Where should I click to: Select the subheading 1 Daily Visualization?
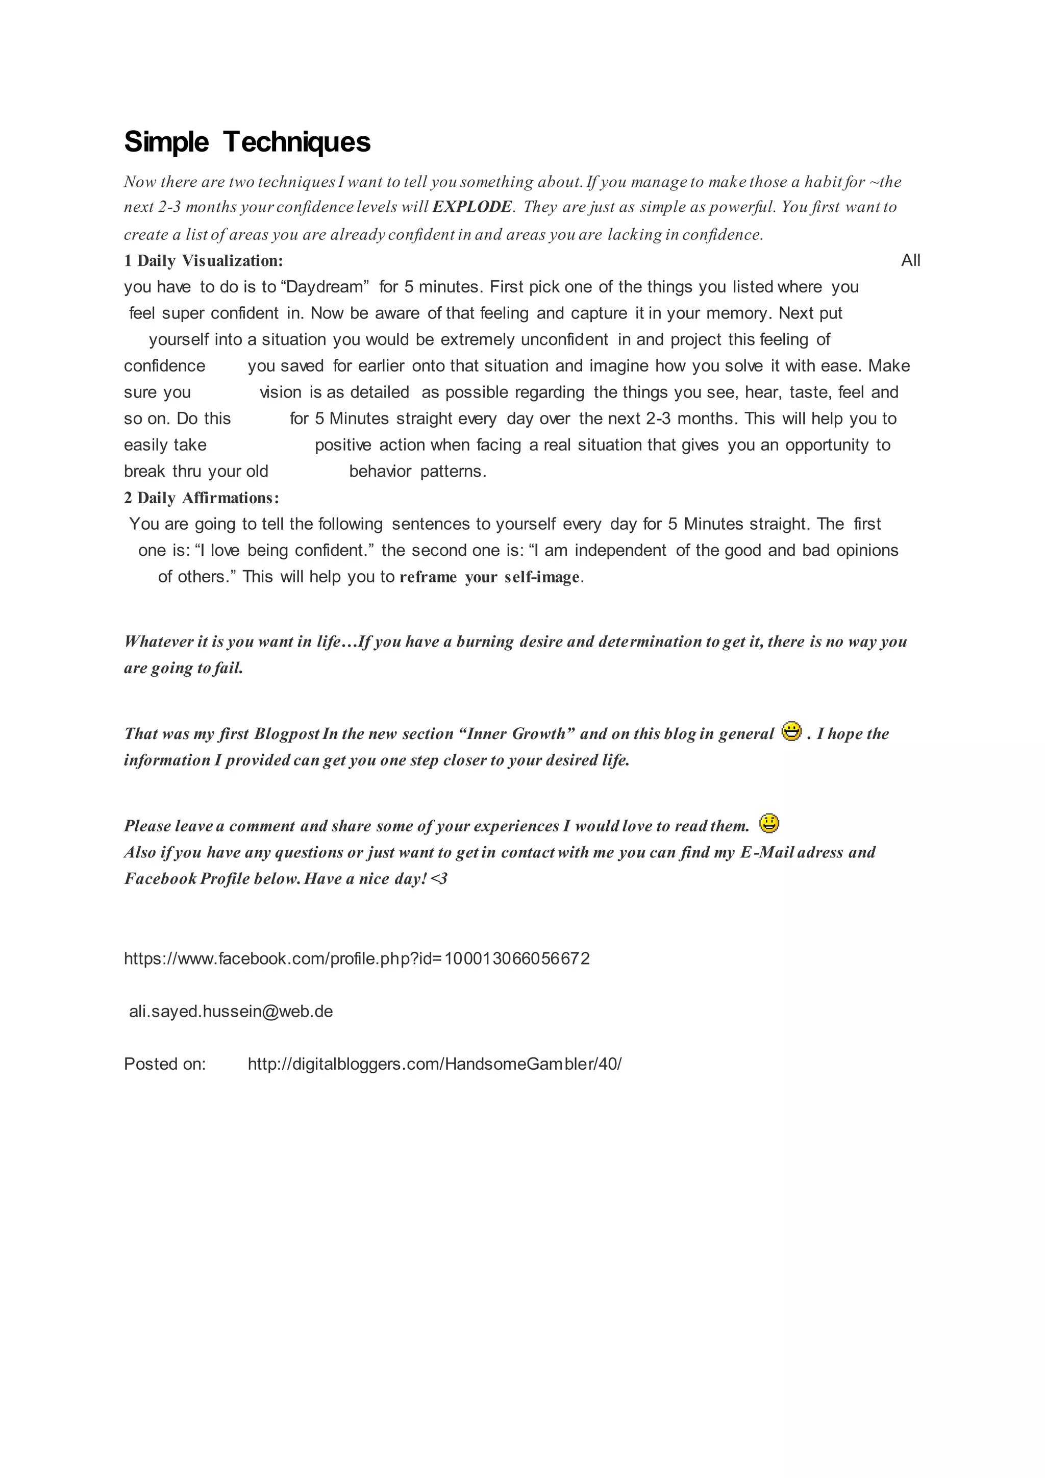pos(204,261)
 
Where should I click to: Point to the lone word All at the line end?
pos(910,261)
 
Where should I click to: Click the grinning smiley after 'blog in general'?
pos(791,732)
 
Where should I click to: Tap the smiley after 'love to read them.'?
pos(769,823)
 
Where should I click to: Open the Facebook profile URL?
pos(357,958)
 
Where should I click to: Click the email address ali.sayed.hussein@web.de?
pos(231,1012)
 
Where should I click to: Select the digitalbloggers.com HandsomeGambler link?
pos(434,1064)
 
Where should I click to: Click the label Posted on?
pos(165,1064)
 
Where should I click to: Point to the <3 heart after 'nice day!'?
pos(439,879)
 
